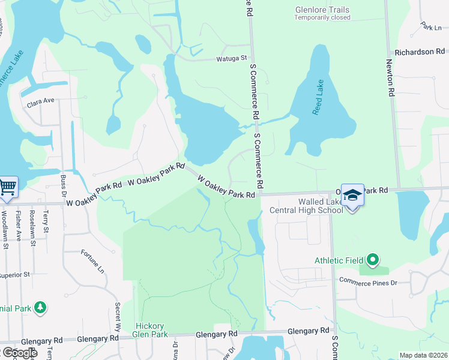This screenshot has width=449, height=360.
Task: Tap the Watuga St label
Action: (232, 59)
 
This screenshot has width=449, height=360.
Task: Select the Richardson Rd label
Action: (420, 52)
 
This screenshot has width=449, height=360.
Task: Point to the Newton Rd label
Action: (390, 78)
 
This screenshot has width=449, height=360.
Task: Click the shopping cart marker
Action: (8, 187)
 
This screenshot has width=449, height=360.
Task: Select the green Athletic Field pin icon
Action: (373, 260)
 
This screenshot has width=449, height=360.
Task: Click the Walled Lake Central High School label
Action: (306, 206)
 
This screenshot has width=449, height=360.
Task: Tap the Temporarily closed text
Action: (322, 17)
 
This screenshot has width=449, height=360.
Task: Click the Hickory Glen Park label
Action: (150, 331)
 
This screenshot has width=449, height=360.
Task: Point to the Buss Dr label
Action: (63, 187)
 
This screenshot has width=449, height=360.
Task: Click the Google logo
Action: (19, 353)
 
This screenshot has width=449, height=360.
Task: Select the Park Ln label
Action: (431, 27)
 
